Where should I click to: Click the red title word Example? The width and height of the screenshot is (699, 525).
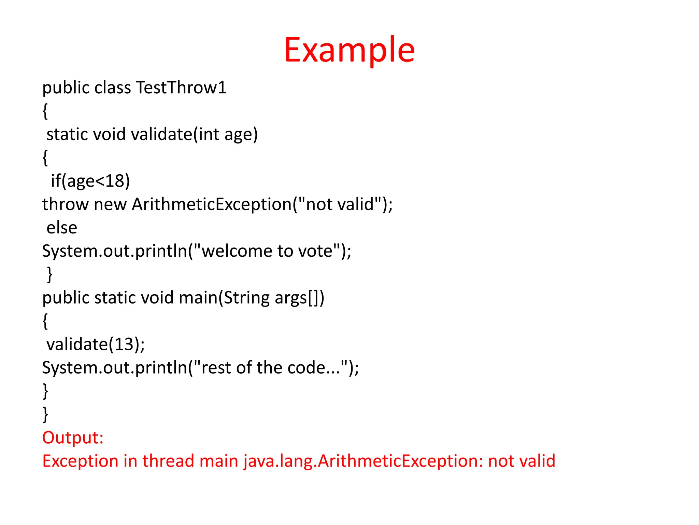(349, 50)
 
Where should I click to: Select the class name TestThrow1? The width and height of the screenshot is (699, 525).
(181, 87)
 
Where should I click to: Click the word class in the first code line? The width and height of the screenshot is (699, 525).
(113, 87)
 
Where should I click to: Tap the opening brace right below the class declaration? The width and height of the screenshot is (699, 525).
(45, 111)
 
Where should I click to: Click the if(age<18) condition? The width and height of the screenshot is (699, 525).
(90, 181)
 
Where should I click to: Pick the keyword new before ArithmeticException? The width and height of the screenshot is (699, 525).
(110, 204)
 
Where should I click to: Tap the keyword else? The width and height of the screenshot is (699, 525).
(62, 228)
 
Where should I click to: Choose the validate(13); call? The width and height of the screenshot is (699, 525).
(96, 344)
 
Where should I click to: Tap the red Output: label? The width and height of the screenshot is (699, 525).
(73, 438)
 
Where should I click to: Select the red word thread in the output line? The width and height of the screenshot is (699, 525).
(168, 461)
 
